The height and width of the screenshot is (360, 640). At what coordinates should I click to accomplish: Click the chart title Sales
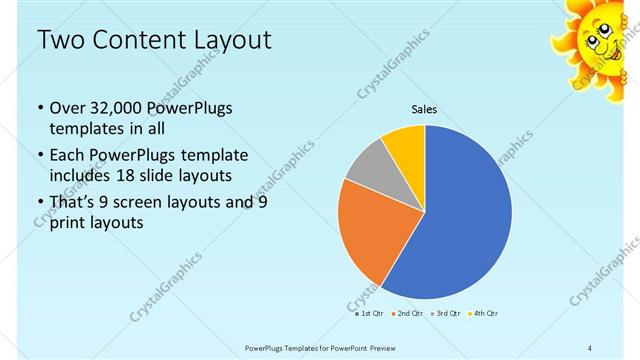point(425,110)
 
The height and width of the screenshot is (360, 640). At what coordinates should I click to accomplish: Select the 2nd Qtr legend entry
point(408,313)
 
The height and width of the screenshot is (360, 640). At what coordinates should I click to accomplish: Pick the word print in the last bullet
point(67,223)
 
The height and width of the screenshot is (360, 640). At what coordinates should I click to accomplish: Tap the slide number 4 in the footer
point(590,347)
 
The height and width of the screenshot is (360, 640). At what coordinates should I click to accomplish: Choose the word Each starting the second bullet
point(67,156)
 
